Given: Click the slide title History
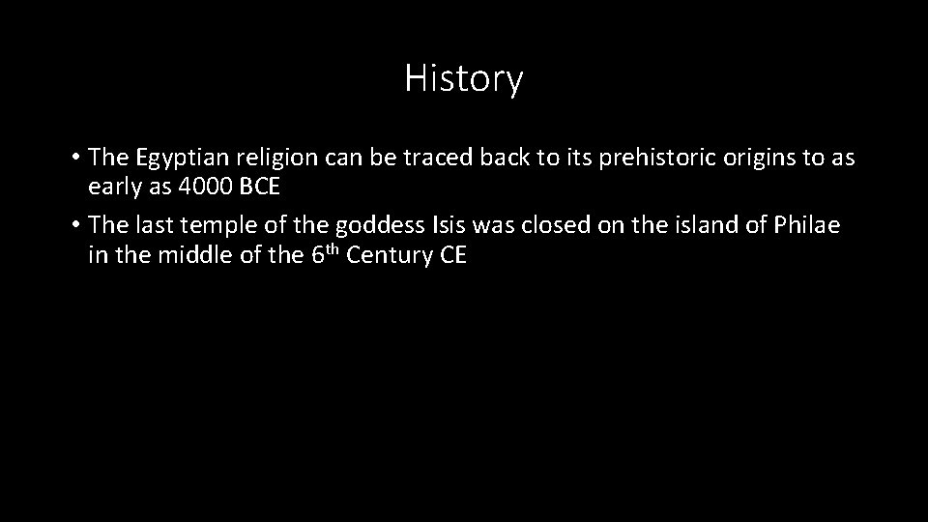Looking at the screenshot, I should [x=463, y=78].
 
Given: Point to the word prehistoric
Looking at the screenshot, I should [x=637, y=157].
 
